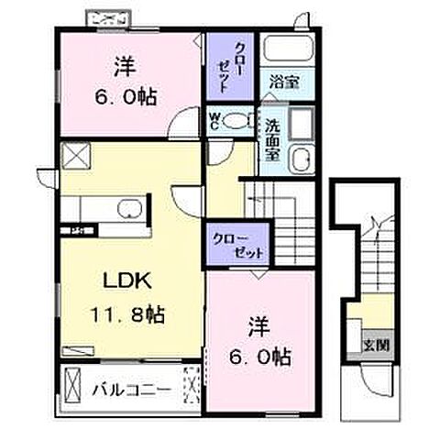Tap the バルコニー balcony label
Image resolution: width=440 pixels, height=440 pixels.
click(130, 390)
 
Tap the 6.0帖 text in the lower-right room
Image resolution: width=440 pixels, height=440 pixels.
click(258, 354)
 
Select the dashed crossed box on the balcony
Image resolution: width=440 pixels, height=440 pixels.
click(191, 382)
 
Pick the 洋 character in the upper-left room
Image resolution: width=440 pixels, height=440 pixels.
click(124, 66)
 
